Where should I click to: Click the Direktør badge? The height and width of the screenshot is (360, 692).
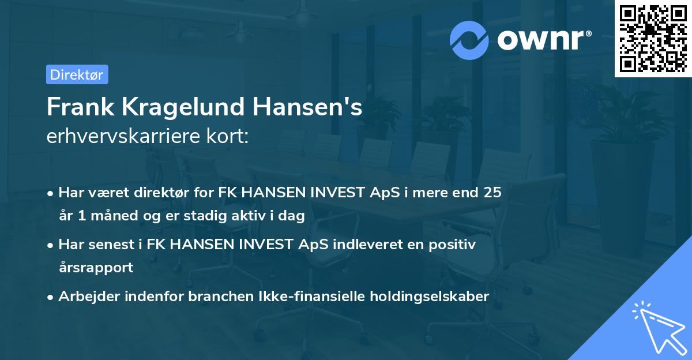[77, 74]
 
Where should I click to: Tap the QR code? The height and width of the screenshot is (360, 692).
[653, 39]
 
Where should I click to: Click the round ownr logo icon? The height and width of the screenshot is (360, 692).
[469, 40]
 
